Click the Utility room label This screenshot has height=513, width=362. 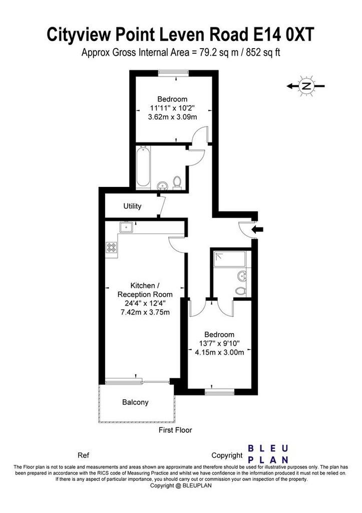pyautogui.click(x=132, y=206)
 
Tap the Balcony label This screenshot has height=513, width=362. pyautogui.click(x=135, y=402)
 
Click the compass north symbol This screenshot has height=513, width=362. pyautogui.click(x=306, y=86)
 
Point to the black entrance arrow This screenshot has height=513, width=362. pyautogui.click(x=257, y=229)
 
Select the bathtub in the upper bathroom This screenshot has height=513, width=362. pyautogui.click(x=143, y=167)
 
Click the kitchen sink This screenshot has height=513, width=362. pyautogui.click(x=126, y=227)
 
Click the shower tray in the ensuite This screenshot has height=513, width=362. pyautogui.click(x=229, y=260)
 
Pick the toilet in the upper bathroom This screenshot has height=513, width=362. pyautogui.click(x=177, y=182)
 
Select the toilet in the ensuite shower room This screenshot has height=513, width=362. pyautogui.click(x=241, y=290)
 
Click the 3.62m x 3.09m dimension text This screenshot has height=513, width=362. pyautogui.click(x=172, y=117)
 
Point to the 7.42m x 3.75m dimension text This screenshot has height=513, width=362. pyautogui.click(x=145, y=312)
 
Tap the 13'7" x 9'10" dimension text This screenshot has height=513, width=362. pyautogui.click(x=219, y=344)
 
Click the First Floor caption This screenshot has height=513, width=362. pyautogui.click(x=175, y=430)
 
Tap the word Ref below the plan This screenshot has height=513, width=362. pyautogui.click(x=84, y=455)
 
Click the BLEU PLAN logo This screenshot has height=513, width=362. pyautogui.click(x=268, y=454)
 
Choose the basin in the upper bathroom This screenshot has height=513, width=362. pyautogui.click(x=162, y=186)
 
